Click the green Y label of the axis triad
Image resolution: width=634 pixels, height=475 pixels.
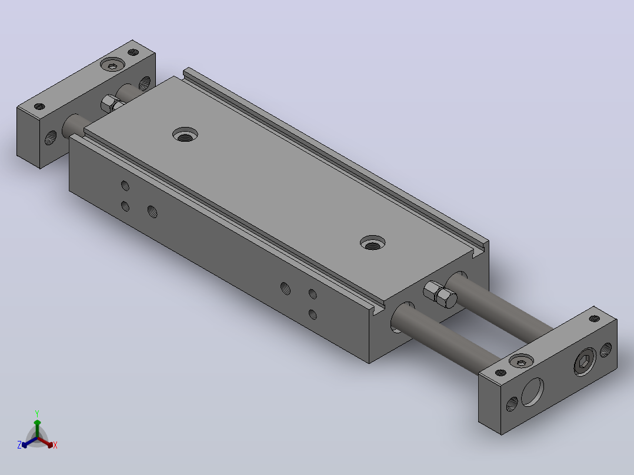[37, 413]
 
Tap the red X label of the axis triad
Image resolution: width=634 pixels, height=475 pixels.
[55, 445]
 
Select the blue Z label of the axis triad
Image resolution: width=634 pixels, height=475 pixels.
[19, 445]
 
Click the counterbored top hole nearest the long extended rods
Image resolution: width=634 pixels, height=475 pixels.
[372, 243]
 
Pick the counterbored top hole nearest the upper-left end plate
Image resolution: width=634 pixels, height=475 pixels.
[185, 134]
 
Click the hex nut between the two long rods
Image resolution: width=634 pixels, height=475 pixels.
[440, 295]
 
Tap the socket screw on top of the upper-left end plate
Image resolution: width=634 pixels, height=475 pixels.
[112, 64]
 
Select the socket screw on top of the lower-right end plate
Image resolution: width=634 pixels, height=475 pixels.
[521, 361]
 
